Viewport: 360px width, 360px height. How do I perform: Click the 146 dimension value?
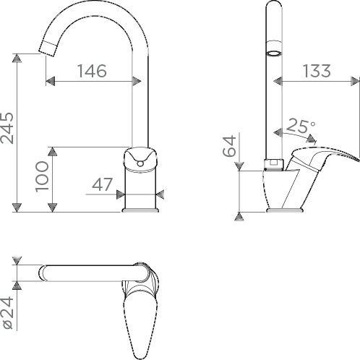[x=92, y=71]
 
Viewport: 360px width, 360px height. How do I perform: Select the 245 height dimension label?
[x=7, y=128]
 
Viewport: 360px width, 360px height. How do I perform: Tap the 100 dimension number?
[x=42, y=177]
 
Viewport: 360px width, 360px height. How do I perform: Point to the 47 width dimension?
[x=102, y=184]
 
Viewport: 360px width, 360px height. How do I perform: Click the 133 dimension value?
[x=317, y=71]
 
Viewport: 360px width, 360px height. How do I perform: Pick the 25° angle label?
[x=301, y=126]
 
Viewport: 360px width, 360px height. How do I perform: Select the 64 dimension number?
[x=229, y=146]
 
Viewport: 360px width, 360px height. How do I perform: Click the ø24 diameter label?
[x=8, y=312]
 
